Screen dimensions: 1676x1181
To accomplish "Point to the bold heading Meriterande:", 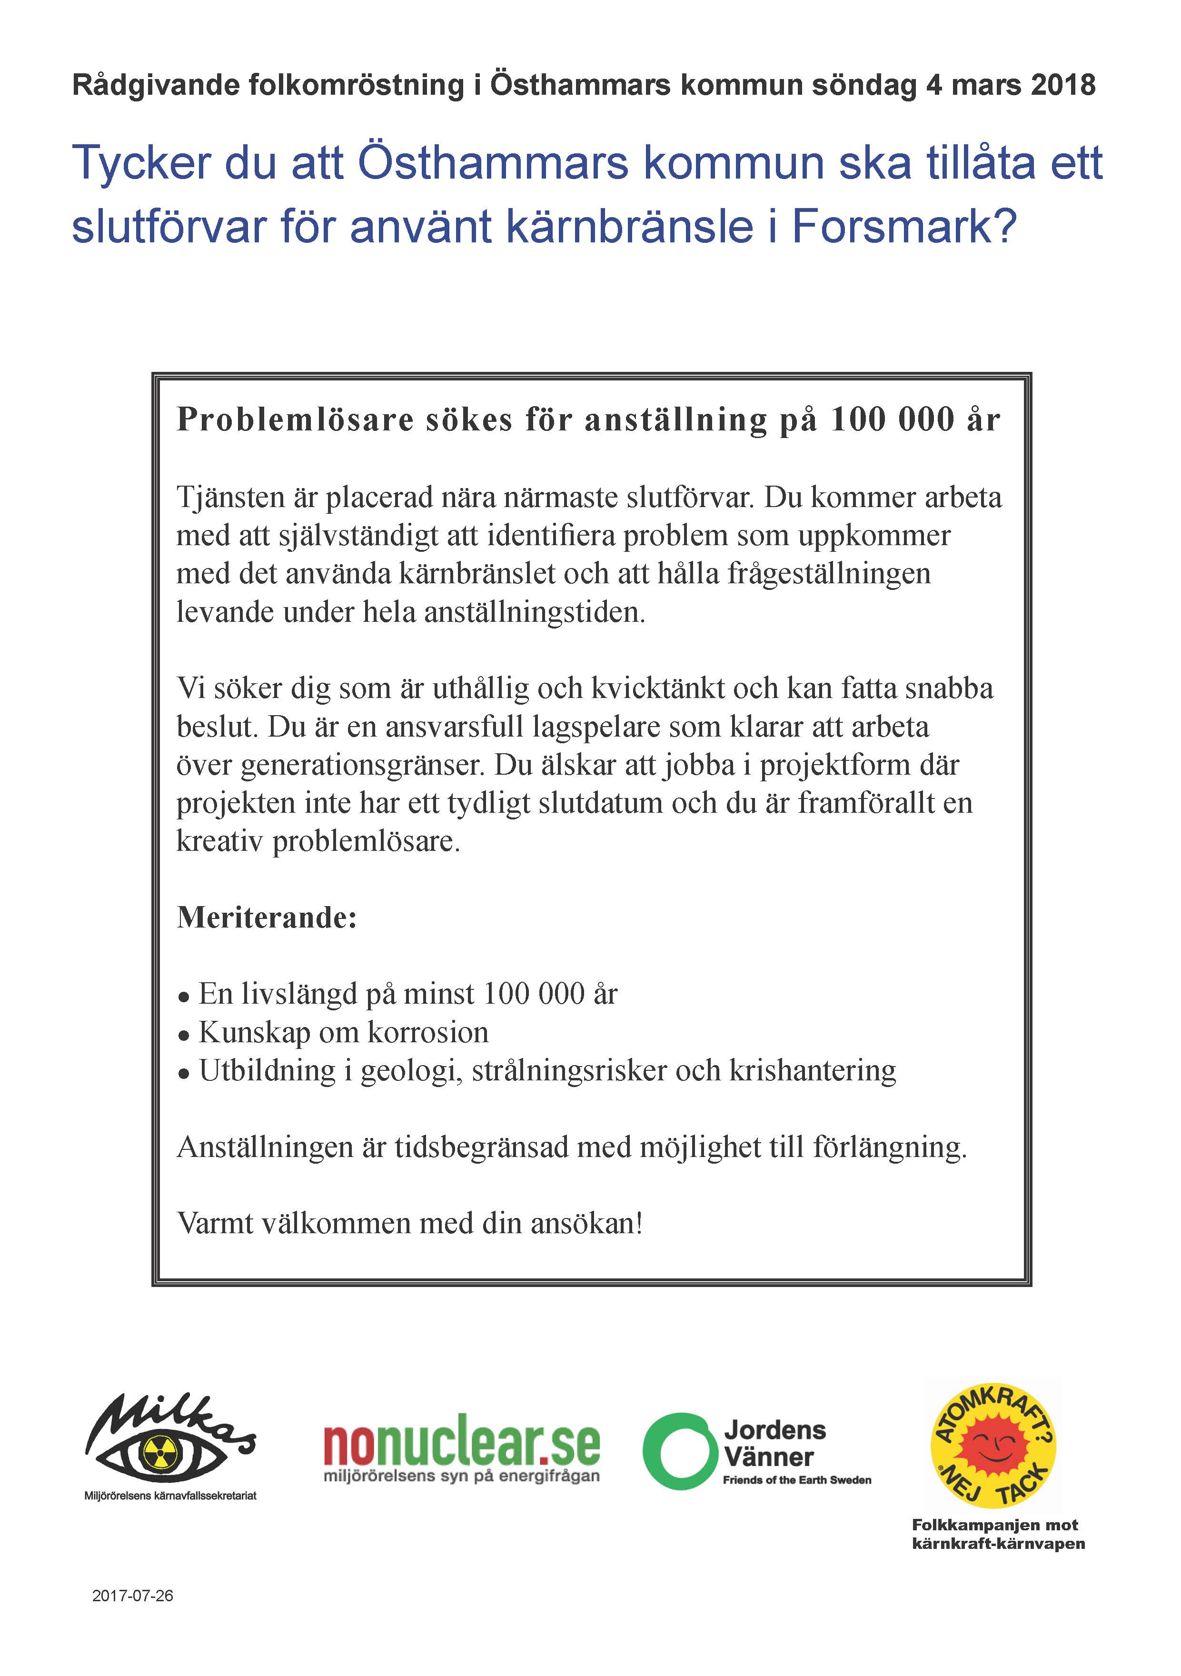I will [x=267, y=918].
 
